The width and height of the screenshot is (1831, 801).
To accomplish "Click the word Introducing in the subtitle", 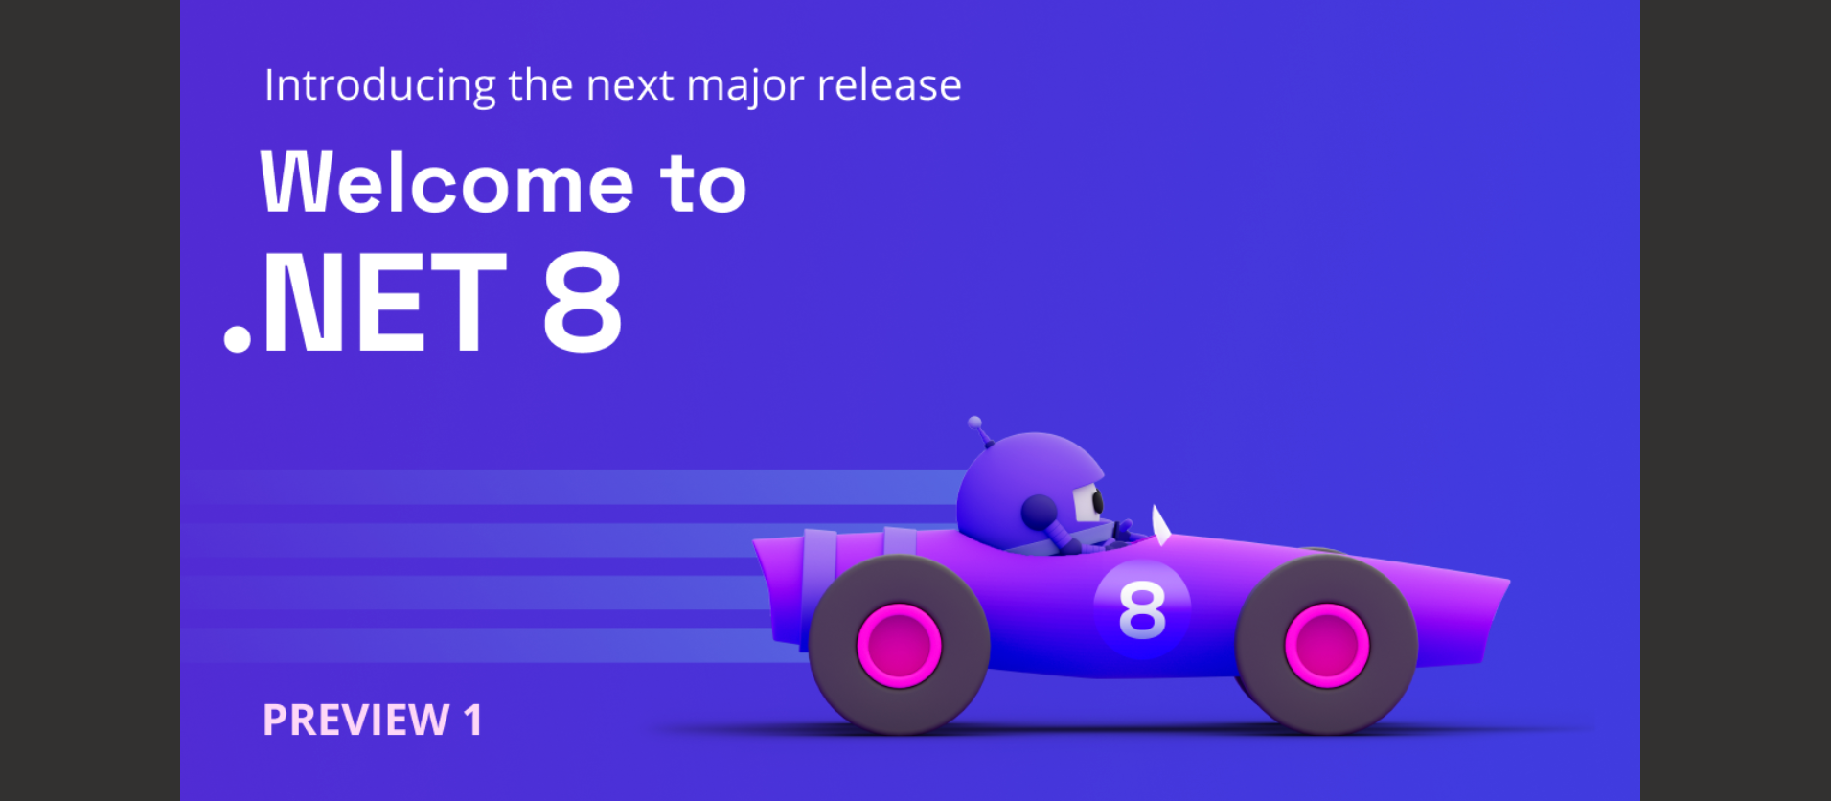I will point(379,86).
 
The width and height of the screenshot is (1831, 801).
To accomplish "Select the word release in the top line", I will point(889,85).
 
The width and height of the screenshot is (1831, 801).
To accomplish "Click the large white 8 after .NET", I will point(583,302).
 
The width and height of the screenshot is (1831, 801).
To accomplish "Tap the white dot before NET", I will point(237,339).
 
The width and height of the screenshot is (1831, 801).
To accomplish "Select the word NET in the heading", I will point(383,302).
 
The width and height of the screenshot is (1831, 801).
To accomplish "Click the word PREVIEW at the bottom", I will point(356,721).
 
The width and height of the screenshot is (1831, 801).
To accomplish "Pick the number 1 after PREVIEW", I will point(472,721).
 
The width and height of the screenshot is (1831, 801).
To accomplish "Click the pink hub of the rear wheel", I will point(899,645).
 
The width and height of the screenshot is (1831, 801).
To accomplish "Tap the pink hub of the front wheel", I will point(1326,645).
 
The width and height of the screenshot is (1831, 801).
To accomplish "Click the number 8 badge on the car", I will point(1142,609).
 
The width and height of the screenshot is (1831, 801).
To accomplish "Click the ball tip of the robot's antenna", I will point(974,422).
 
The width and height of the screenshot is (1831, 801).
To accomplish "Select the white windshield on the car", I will point(1160,525).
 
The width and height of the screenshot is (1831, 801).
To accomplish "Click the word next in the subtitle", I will point(629,86).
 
